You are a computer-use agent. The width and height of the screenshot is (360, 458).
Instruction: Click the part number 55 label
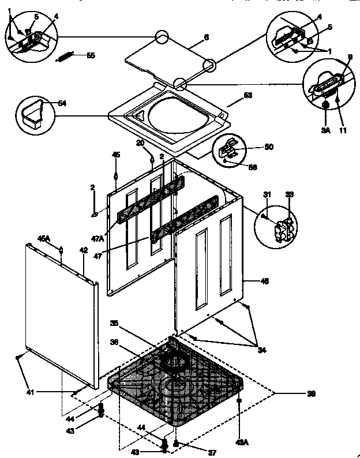(91, 55)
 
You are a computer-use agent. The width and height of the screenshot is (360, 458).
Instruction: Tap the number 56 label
(252, 167)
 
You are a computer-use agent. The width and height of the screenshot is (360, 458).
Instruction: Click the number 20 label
(140, 142)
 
